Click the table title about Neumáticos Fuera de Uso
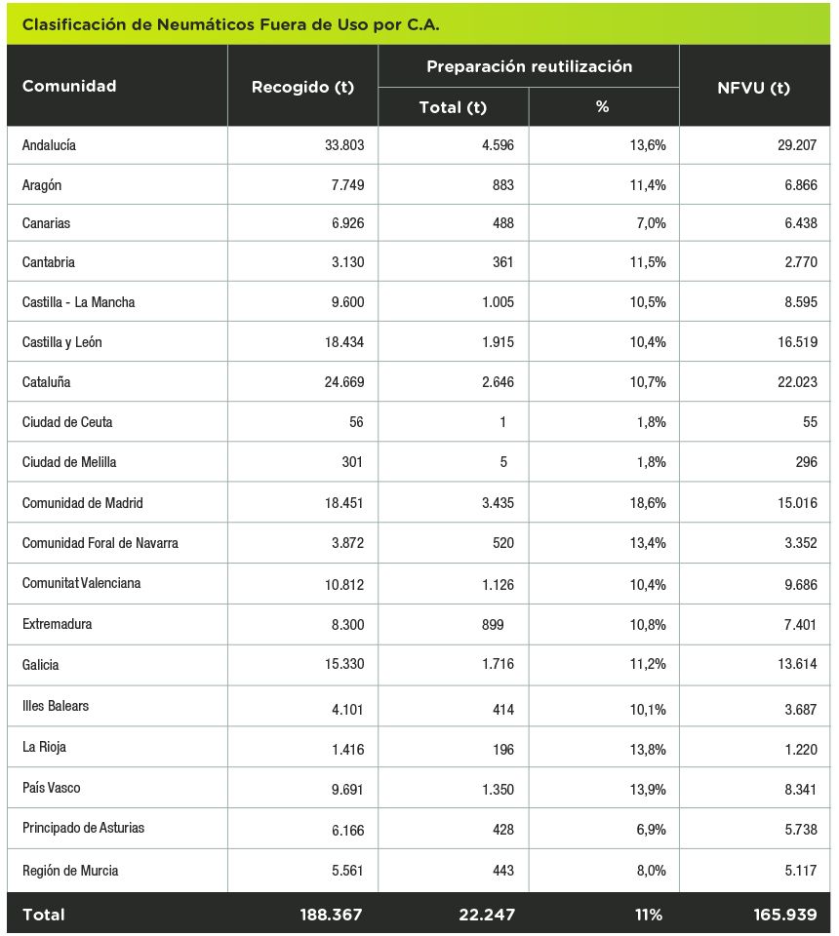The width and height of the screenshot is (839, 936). click(230, 24)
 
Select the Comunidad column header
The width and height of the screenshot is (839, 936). click(69, 86)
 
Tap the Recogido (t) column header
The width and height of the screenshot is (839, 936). click(302, 87)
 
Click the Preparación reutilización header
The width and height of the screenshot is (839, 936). click(529, 66)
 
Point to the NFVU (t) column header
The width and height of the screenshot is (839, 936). click(753, 88)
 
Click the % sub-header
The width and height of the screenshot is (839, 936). click(603, 107)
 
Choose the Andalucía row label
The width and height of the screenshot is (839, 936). click(49, 145)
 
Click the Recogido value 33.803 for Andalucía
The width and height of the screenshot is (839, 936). click(344, 145)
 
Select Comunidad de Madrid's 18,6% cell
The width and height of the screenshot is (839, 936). click(648, 503)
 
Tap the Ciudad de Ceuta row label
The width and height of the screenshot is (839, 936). click(67, 422)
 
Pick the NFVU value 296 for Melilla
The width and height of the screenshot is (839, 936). click(806, 462)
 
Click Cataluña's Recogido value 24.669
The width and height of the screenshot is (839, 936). click(344, 382)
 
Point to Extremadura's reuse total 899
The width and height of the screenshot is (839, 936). click(493, 625)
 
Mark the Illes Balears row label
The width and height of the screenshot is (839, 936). click(56, 706)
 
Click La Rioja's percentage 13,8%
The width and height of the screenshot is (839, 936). click(648, 750)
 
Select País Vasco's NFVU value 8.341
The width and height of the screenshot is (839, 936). click(801, 790)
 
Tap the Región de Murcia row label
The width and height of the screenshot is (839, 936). click(70, 871)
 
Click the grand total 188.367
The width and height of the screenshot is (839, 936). click(332, 915)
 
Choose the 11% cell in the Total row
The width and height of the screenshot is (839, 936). click(649, 915)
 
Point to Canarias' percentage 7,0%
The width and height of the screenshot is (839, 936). click(652, 223)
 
